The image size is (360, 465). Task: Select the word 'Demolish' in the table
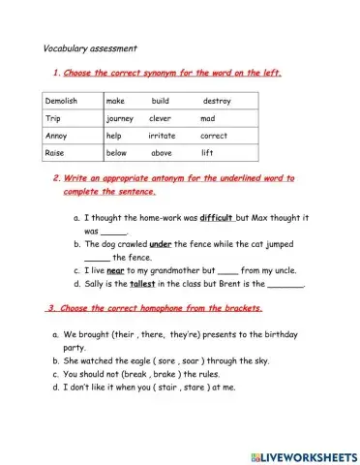[62, 101]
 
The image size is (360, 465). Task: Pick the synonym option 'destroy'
[217, 101]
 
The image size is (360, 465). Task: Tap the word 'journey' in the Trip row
[121, 118]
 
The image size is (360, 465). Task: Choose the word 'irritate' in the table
[162, 136]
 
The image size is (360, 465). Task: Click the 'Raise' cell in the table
[56, 153]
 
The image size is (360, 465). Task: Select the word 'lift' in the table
[207, 153]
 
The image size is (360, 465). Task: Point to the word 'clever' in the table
[161, 118]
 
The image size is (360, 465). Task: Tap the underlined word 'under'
[161, 245]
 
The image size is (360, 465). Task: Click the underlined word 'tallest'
[143, 285]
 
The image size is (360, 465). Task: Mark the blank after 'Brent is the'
[285, 287]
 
